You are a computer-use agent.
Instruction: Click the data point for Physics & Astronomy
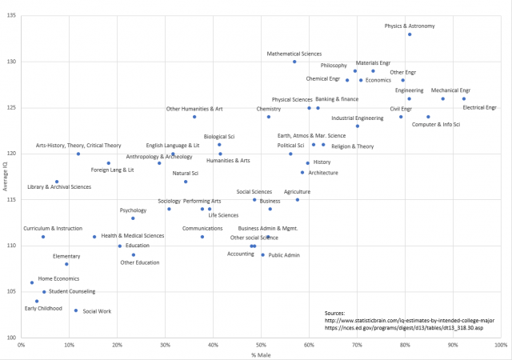[410, 34]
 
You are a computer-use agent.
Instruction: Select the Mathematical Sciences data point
[294, 62]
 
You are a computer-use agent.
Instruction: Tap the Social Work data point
[76, 310]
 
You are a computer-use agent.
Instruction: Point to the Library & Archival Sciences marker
[57, 182]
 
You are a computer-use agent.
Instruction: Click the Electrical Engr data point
[463, 99]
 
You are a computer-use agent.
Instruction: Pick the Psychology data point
[133, 218]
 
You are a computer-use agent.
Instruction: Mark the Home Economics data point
[32, 282]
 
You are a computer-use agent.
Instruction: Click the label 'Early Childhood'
[43, 308]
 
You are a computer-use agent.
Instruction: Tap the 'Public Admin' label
[284, 255]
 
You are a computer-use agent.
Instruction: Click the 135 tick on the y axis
[11, 15]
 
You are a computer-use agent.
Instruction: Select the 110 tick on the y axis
[11, 246]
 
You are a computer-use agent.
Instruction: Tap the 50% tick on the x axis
[261, 345]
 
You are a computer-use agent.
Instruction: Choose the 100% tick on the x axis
[500, 345]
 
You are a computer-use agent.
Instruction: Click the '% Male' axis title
[261, 354]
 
